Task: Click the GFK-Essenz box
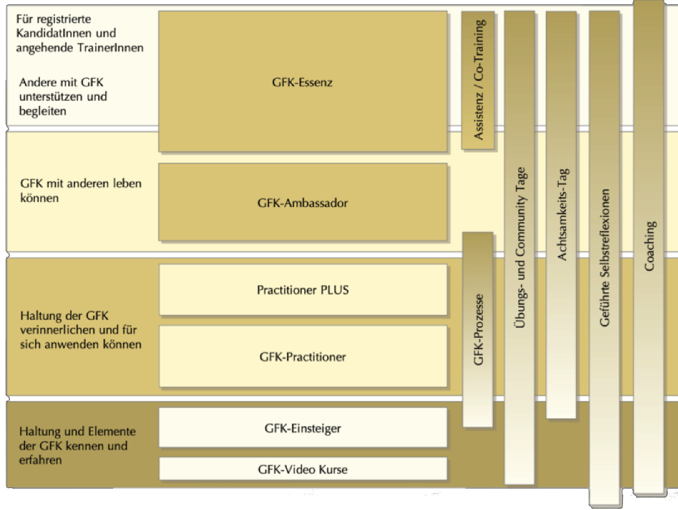click(303, 81)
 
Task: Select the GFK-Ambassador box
click(303, 203)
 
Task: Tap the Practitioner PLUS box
click(303, 290)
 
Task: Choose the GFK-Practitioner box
click(303, 357)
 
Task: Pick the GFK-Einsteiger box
click(303, 428)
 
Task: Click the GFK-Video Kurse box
click(303, 469)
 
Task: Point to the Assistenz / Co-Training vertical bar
click(478, 80)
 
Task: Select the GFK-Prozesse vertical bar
click(478, 330)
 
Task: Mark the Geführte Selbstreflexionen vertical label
click(604, 258)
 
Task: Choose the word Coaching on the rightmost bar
click(649, 245)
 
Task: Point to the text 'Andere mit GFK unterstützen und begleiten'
click(63, 96)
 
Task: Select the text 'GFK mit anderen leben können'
click(81, 191)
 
